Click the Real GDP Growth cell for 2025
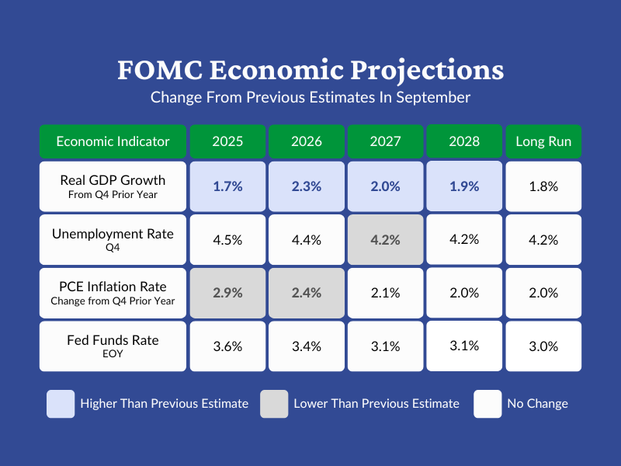pos(228,186)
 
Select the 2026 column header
pos(307,141)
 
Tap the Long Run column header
pos(543,141)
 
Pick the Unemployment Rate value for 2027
pos(386,240)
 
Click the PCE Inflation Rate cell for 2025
pos(228,293)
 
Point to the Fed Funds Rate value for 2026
pos(307,346)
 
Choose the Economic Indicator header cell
pos(113,141)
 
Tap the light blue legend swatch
pos(61,404)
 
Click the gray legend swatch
pos(274,404)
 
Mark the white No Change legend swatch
pos(487,404)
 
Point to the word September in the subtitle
pos(433,98)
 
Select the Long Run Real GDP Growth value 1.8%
pos(543,186)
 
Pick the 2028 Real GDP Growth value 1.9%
pos(464,186)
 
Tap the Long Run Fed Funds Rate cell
pos(543,346)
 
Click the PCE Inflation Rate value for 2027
pos(386,293)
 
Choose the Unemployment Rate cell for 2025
pos(228,240)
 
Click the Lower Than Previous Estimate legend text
pos(376,404)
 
